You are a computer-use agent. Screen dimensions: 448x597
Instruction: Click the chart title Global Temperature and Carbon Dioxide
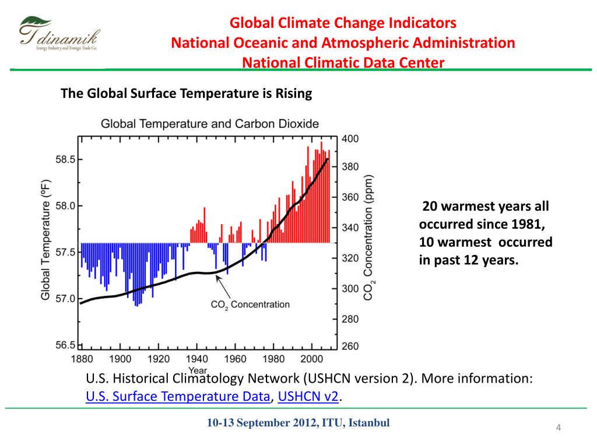tap(210, 124)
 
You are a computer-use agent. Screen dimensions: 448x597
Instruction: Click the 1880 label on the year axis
tap(82, 358)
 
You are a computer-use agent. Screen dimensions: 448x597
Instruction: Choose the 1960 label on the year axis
tap(235, 358)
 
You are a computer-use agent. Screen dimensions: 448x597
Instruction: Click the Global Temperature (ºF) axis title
tap(45, 240)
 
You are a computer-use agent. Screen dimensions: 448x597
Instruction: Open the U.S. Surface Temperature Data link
tap(178, 397)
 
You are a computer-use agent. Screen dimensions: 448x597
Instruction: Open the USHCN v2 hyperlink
tap(308, 397)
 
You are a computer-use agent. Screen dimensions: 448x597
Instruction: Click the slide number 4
tap(558, 429)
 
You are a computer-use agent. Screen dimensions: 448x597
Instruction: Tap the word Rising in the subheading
tap(294, 93)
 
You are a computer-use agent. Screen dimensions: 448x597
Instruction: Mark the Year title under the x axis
tap(198, 370)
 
